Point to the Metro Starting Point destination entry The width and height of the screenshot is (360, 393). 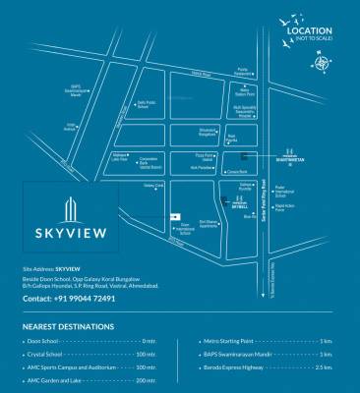216,340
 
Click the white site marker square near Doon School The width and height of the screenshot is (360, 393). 176,216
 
